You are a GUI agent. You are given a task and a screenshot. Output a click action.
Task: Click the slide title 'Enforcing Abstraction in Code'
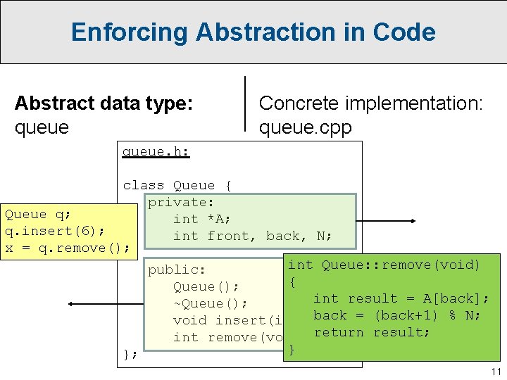253,32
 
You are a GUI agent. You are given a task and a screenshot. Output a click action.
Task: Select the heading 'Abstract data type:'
104,103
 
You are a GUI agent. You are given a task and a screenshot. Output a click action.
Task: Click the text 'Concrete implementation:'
371,103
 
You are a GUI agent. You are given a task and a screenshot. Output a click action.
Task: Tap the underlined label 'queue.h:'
156,151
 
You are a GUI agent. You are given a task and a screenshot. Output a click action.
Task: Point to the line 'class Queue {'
177,185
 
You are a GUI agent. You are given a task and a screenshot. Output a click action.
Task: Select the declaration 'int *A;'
202,219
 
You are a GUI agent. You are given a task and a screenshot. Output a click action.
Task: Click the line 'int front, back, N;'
253,236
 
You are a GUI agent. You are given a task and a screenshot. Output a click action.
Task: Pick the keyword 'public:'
176,270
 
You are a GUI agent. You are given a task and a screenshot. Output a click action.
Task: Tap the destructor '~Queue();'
210,303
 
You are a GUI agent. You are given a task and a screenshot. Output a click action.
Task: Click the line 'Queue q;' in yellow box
26,214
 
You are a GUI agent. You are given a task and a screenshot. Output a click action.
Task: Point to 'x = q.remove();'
67,248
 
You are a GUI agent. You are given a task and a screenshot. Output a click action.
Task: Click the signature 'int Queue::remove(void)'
384,265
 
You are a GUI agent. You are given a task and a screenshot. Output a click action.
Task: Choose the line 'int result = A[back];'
401,298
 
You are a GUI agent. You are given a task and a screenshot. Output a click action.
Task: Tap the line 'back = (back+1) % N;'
396,315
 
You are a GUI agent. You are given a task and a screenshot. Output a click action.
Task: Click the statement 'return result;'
371,332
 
